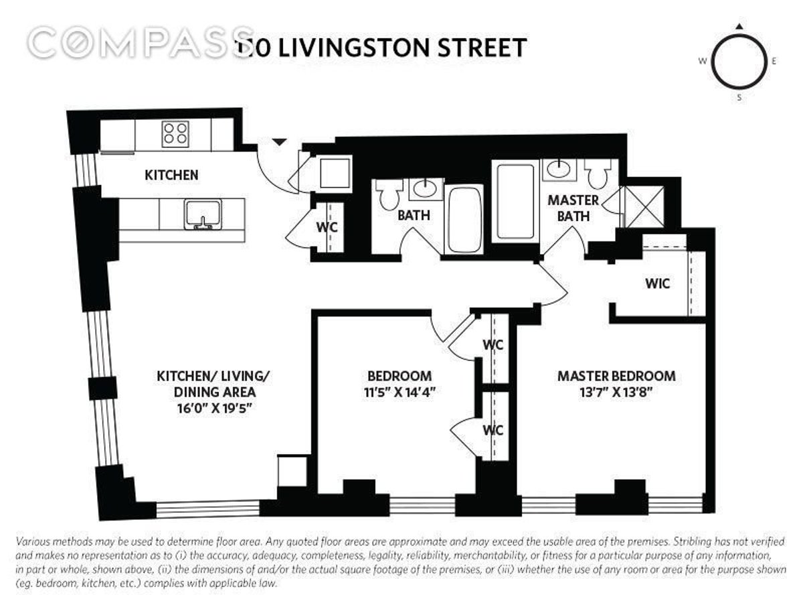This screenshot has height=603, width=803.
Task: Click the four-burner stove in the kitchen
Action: pyautogui.click(x=175, y=133)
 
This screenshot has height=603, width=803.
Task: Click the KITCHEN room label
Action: pyautogui.click(x=171, y=175)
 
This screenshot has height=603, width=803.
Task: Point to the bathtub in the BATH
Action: pyautogui.click(x=464, y=219)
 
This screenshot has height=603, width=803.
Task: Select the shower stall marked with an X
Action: pyautogui.click(x=642, y=200)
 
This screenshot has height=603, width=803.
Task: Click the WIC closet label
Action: pyautogui.click(x=657, y=283)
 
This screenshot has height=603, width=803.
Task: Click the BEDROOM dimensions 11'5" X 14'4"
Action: pyautogui.click(x=399, y=393)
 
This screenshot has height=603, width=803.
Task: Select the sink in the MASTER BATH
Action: pyautogui.click(x=555, y=170)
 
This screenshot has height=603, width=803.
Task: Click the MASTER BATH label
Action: pyautogui.click(x=573, y=208)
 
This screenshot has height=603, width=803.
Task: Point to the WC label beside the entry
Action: pyautogui.click(x=327, y=226)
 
